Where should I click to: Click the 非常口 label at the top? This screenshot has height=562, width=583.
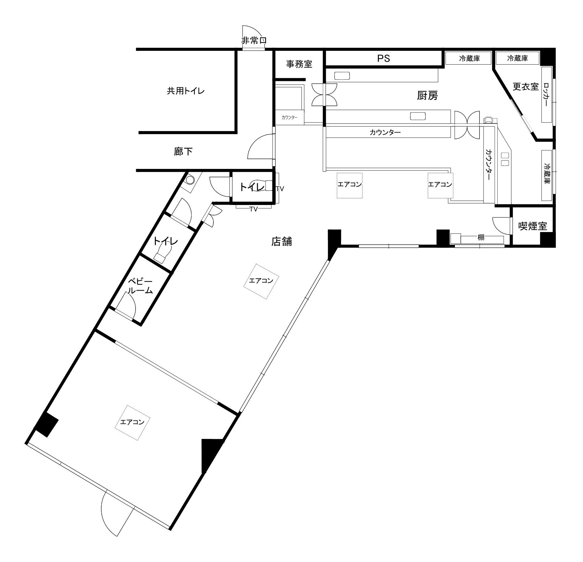coord(253,41)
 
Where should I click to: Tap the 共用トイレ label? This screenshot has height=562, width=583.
coord(186,91)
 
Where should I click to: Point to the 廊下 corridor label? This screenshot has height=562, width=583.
coord(183,152)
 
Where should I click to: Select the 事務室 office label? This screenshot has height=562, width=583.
coord(299,64)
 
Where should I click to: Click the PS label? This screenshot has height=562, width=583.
coord(384,58)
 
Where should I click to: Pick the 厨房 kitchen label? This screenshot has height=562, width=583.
coord(427,96)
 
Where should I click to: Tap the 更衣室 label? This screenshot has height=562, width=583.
coord(525,86)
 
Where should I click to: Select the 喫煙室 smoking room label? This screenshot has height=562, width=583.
coord(533,226)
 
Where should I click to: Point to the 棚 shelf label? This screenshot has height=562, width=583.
coord(481,237)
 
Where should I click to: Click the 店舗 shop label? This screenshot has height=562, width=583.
coord(281,242)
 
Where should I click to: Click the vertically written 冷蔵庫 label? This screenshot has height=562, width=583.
coord(547,174)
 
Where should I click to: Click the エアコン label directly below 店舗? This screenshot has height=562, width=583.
coord(261,281)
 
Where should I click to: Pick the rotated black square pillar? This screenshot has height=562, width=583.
coord(46,424)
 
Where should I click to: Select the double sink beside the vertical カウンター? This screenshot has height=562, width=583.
coord(504,159)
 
